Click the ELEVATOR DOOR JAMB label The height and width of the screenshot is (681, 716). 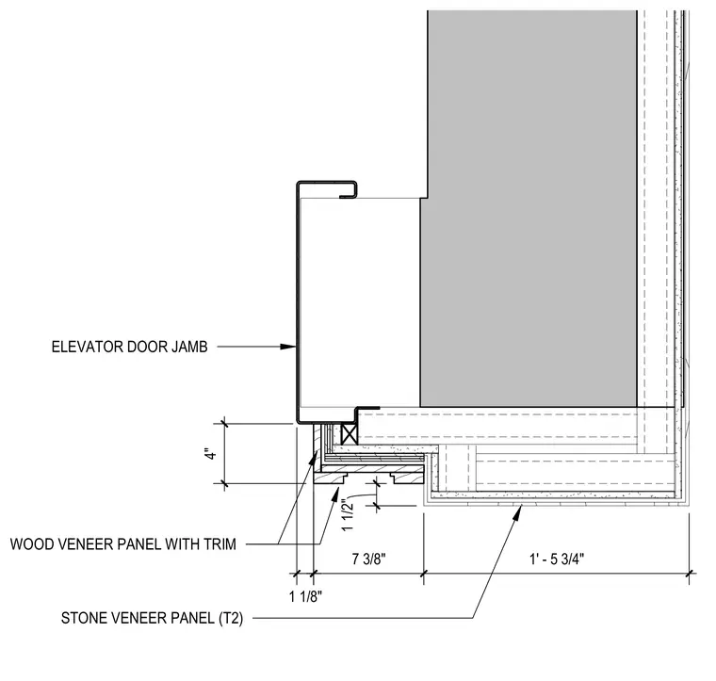(x=130, y=347)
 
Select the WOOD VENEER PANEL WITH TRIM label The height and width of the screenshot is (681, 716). (x=123, y=544)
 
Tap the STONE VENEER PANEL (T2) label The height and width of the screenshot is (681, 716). (x=152, y=618)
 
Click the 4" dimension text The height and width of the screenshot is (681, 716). (x=210, y=454)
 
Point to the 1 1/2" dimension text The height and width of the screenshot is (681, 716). (x=348, y=516)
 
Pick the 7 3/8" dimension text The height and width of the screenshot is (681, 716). (x=369, y=559)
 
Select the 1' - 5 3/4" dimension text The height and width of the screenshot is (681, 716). (x=557, y=559)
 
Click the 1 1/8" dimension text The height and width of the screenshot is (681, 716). (x=305, y=596)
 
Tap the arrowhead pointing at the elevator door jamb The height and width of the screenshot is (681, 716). (x=287, y=347)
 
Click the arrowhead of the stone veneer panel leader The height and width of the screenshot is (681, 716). (x=518, y=512)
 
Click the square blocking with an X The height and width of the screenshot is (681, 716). (x=350, y=433)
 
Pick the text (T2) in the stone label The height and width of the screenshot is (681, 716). (x=231, y=619)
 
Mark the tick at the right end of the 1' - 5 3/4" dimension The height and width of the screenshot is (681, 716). (x=690, y=573)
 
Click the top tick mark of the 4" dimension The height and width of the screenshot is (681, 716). (x=224, y=424)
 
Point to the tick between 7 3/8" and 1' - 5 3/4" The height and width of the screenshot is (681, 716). (x=424, y=573)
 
